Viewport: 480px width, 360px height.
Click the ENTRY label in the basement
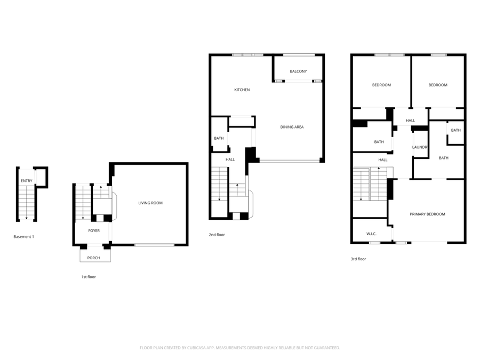pyautogui.click(x=26, y=181)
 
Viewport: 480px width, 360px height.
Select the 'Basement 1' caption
pyautogui.click(x=23, y=236)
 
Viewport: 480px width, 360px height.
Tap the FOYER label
pyautogui.click(x=94, y=231)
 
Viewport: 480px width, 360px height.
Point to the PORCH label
pyautogui.click(x=94, y=258)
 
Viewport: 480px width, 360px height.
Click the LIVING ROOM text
pyautogui.click(x=150, y=203)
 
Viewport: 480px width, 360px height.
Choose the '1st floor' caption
pyautogui.click(x=88, y=277)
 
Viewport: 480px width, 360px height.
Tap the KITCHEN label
pyautogui.click(x=242, y=90)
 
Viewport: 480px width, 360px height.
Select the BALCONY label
pyautogui.click(x=298, y=71)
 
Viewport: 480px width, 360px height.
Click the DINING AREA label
pyautogui.click(x=292, y=127)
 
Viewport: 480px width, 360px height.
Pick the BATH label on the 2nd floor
pyautogui.click(x=219, y=139)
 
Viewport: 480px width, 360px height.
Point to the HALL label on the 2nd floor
pyautogui.click(x=230, y=159)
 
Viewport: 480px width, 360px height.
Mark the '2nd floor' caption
pyautogui.click(x=217, y=235)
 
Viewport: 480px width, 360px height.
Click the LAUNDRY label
pyautogui.click(x=420, y=147)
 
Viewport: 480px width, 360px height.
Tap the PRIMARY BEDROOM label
pyautogui.click(x=427, y=214)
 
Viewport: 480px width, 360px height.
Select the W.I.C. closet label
pyautogui.click(x=371, y=234)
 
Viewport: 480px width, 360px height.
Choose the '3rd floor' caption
pyautogui.click(x=358, y=259)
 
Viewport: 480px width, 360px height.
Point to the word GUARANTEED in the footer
pyautogui.click(x=326, y=348)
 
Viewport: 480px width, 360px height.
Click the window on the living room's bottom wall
pyautogui.click(x=154, y=245)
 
